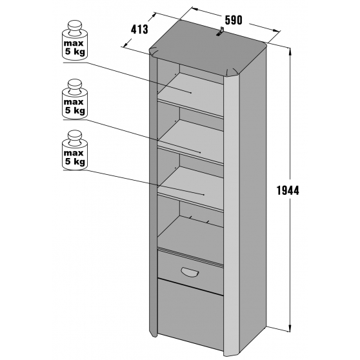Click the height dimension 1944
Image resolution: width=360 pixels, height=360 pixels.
coord(288,190)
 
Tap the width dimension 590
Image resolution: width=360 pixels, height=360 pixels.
coord(234,20)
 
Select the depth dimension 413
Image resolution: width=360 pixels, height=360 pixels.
coord(139,30)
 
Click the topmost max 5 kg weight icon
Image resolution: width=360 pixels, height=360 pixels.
coord(74,39)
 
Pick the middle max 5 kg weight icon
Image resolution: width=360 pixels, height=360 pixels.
coord(74,98)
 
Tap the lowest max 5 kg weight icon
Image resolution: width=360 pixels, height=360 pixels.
coord(74,150)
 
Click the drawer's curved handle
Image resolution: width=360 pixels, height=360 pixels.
coord(190,272)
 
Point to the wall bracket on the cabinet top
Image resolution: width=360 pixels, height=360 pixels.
coord(220,31)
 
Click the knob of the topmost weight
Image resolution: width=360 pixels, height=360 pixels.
coord(74,26)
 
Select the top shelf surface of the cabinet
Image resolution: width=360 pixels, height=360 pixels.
coord(190,92)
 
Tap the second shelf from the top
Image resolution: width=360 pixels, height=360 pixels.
coord(190,139)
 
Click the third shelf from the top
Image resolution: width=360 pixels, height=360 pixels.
coord(190,186)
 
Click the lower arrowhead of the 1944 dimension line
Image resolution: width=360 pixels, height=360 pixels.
coord(290,327)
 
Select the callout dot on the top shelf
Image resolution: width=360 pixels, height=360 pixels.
coord(191,92)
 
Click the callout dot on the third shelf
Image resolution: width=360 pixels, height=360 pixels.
coord(204,195)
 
